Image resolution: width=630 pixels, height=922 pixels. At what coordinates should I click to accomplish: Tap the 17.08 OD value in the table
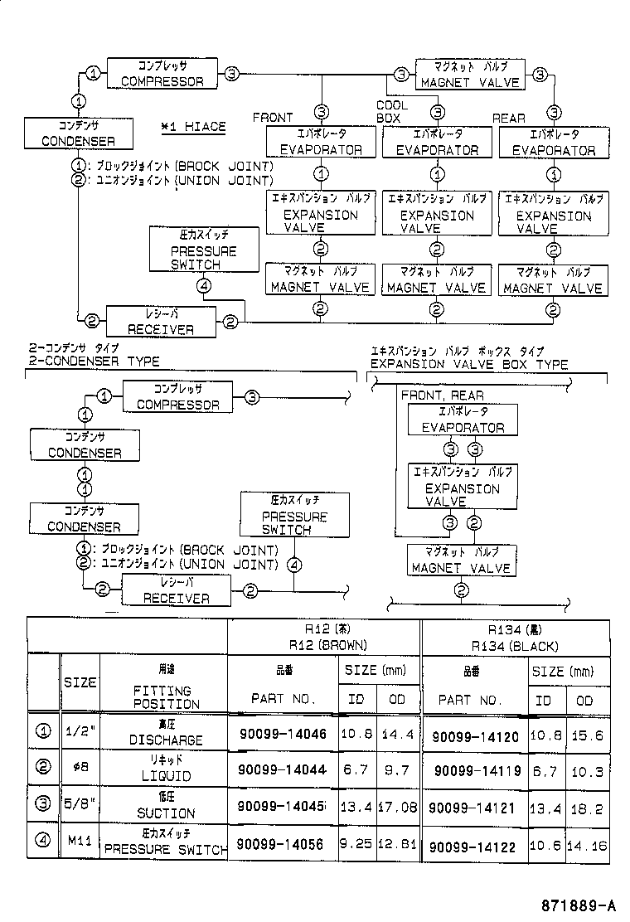pyautogui.click(x=397, y=807)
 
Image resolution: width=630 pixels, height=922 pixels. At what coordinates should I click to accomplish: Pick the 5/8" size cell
pyautogui.click(x=80, y=806)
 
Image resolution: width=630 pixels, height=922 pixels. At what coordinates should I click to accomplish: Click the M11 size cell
pyautogui.click(x=80, y=843)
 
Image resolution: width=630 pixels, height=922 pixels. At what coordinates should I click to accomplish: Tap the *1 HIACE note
pyautogui.click(x=193, y=126)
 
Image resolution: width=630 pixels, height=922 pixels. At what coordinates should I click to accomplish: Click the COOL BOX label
pyautogui.click(x=391, y=112)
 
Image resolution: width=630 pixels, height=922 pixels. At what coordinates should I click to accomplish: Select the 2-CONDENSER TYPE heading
pyautogui.click(x=94, y=362)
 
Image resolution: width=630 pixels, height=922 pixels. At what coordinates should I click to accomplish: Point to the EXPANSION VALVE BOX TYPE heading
pyautogui.click(x=468, y=364)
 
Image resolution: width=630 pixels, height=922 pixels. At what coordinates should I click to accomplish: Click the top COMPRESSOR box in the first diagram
pyautogui.click(x=162, y=73)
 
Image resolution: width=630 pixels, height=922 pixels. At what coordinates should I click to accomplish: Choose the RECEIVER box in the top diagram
pyautogui.click(x=161, y=321)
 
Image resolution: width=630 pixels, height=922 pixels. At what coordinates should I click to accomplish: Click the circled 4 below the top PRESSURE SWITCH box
pyautogui.click(x=204, y=287)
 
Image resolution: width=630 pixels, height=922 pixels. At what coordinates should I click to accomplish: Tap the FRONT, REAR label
pyautogui.click(x=442, y=395)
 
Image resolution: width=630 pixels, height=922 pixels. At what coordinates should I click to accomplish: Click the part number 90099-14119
pyautogui.click(x=477, y=770)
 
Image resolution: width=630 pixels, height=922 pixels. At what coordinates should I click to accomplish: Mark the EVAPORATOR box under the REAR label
pyautogui.click(x=553, y=142)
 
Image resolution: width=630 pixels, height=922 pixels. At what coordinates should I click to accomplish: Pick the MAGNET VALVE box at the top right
pyautogui.click(x=470, y=74)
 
